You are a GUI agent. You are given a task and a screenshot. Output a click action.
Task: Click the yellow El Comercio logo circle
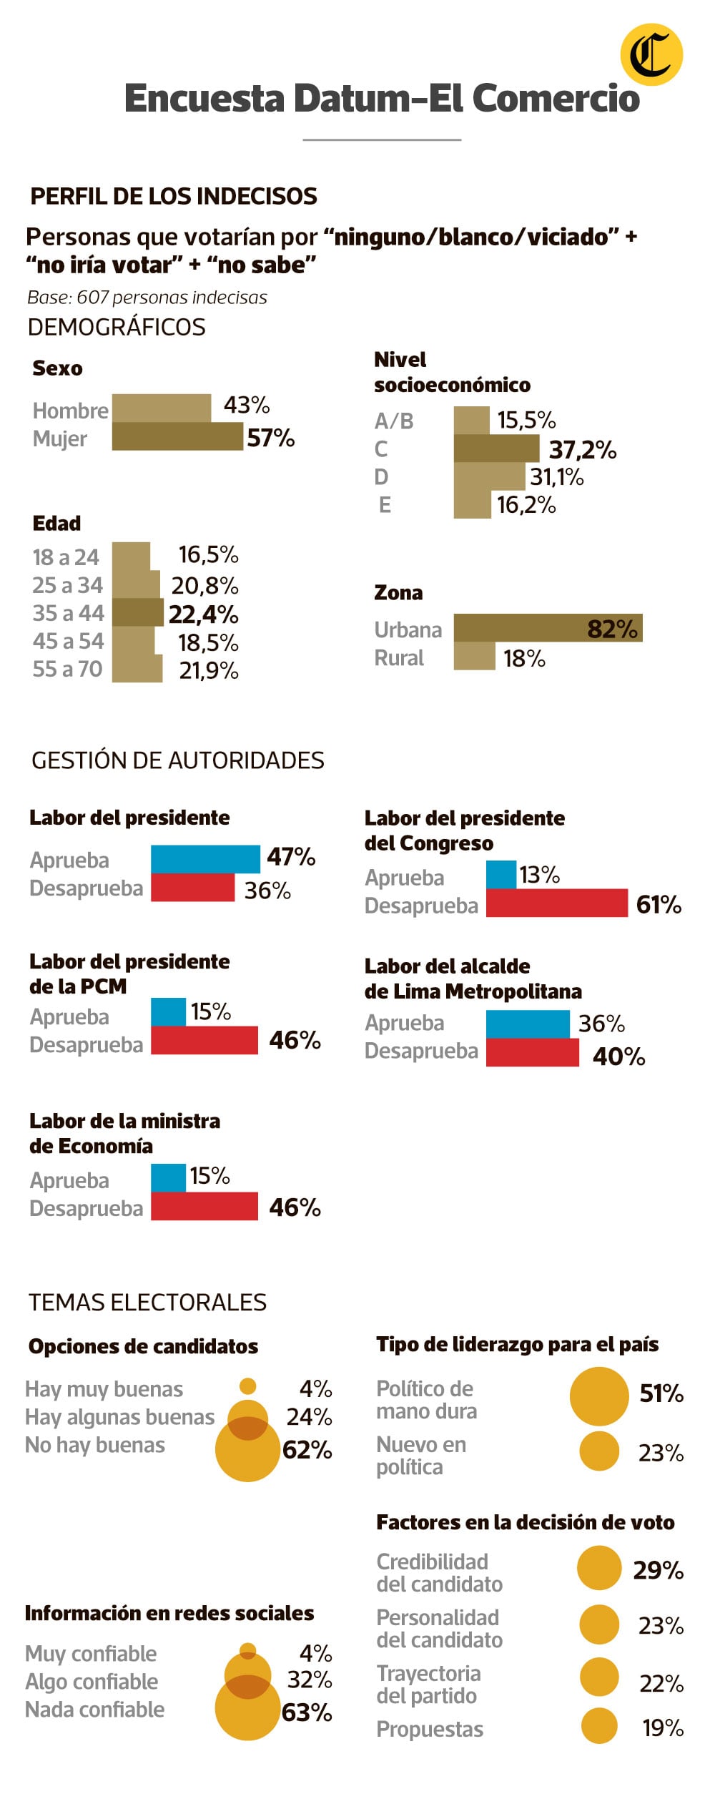[x=651, y=54]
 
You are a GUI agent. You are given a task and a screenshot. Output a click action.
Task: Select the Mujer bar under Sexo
[x=177, y=436]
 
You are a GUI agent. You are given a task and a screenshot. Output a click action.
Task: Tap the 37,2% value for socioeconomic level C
[x=582, y=450]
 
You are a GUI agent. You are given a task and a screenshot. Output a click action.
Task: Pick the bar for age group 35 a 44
[x=138, y=612]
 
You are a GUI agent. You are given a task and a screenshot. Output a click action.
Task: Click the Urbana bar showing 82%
[x=547, y=628]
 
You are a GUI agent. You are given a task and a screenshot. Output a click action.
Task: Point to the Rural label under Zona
[x=399, y=658]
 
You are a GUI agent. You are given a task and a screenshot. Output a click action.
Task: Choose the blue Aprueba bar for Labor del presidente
[x=205, y=859]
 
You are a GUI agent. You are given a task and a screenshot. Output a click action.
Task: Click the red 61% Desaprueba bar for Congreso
[x=556, y=903]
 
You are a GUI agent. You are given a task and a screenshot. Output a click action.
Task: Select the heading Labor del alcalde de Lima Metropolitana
[x=473, y=979]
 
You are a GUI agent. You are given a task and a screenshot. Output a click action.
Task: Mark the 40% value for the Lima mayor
[x=618, y=1057]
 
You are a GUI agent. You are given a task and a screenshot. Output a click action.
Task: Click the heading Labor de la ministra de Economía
[x=125, y=1133]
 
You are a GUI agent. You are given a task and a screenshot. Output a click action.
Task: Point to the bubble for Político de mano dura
[x=599, y=1396]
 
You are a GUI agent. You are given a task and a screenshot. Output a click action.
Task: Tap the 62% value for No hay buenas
[x=307, y=1450]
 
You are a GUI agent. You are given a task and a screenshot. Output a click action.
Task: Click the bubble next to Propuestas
[x=599, y=1726]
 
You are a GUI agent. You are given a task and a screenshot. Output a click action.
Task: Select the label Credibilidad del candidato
[x=439, y=1572]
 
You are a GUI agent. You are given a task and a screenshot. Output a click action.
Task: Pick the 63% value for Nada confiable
[x=307, y=1712]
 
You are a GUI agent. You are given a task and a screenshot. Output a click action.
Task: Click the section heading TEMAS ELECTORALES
[x=147, y=1302]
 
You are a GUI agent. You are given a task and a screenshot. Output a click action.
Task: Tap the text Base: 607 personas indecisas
[x=147, y=298]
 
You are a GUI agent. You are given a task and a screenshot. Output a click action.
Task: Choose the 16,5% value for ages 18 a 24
[x=208, y=554]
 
